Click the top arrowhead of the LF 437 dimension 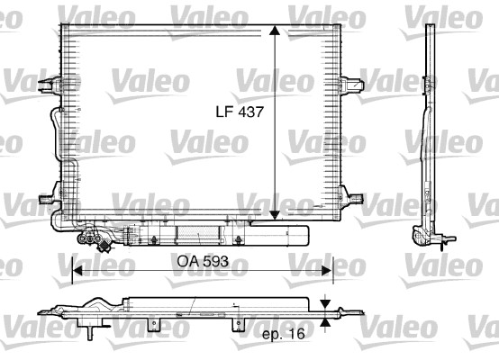(x=275, y=31)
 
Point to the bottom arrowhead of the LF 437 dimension (x=275, y=214)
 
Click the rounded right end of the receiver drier (x=305, y=236)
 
